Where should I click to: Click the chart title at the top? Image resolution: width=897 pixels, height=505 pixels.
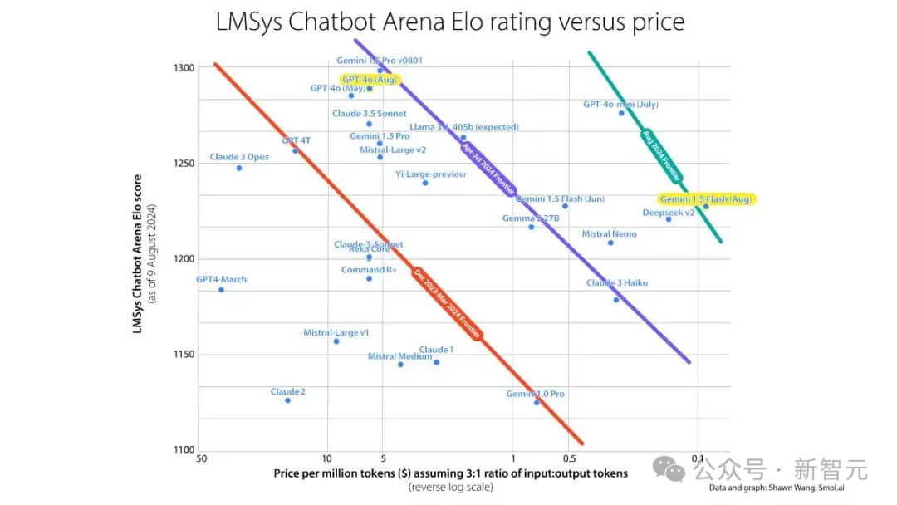click(449, 22)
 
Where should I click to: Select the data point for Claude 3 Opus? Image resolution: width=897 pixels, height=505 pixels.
click(239, 168)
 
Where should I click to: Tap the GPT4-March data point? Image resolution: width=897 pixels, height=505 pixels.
click(221, 289)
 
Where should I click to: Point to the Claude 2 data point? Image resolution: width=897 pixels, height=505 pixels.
click(287, 400)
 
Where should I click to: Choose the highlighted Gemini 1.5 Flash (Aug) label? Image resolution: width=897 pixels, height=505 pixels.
click(706, 199)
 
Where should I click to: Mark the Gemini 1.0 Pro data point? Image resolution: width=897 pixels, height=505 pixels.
click(537, 402)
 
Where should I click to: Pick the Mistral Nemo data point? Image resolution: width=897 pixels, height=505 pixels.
click(610, 243)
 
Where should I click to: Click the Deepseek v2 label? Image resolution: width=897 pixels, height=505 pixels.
click(668, 213)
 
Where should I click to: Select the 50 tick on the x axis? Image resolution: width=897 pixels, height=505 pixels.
click(201, 458)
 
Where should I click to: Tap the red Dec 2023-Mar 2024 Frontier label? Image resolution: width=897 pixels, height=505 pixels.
click(448, 305)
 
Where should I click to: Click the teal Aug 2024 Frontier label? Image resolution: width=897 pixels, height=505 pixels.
click(662, 156)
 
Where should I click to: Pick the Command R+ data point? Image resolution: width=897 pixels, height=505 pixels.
click(369, 278)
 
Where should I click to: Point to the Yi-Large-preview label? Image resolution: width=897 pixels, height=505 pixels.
click(430, 174)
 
